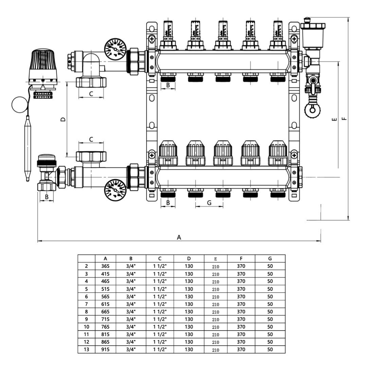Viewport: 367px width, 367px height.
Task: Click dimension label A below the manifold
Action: [x=179, y=237]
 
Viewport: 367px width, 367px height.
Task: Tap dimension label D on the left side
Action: [x=63, y=119]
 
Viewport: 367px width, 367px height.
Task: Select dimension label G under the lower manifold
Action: [x=209, y=203]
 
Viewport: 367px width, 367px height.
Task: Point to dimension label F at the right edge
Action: [x=344, y=119]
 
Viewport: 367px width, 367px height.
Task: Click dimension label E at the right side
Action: [x=334, y=119]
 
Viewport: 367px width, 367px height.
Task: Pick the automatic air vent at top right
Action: [x=312, y=34]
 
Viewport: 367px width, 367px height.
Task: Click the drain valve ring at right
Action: [x=312, y=110]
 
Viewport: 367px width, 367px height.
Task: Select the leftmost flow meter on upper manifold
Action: [x=168, y=34]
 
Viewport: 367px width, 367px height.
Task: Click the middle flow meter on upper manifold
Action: [x=223, y=34]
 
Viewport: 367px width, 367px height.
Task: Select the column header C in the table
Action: [x=160, y=259]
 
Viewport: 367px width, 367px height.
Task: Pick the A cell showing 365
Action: [x=105, y=266]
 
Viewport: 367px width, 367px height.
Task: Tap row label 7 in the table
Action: [x=86, y=304]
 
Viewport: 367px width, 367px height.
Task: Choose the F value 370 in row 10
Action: [x=241, y=327]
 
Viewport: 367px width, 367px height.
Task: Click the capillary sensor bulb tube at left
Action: [x=27, y=146]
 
